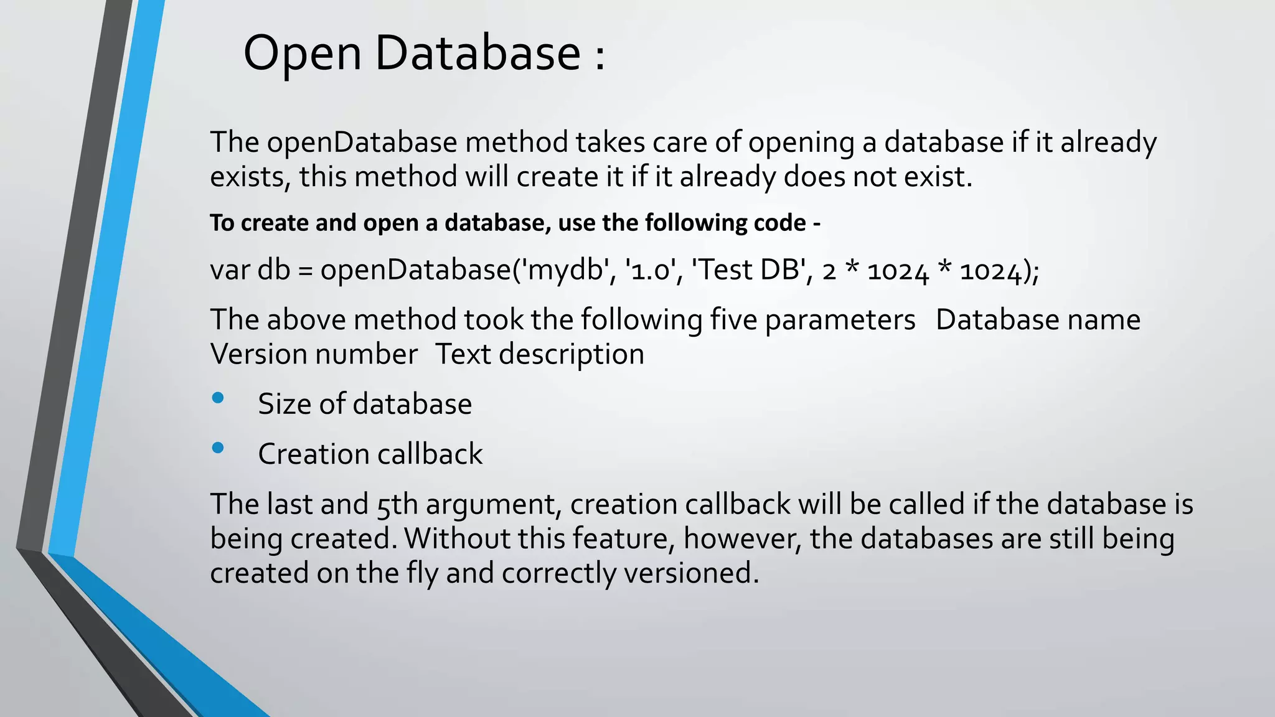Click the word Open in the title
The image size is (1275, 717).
point(302,54)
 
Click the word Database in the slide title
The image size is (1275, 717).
point(478,54)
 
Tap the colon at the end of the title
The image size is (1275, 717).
point(600,56)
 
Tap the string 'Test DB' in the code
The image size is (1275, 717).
point(748,270)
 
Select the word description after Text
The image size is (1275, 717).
point(571,355)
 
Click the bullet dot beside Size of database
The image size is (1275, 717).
point(218,398)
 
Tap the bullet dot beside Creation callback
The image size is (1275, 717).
point(218,448)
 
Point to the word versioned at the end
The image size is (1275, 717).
point(691,573)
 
